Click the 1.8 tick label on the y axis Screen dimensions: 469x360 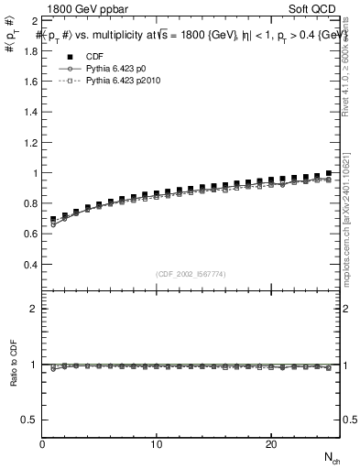[29, 50]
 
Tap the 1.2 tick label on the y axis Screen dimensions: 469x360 [29, 142]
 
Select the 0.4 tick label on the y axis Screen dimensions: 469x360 [29, 265]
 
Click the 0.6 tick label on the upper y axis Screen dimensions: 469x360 [29, 234]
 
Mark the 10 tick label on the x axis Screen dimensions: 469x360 [157, 444]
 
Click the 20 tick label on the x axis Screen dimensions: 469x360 [270, 444]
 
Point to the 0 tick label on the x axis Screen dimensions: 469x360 [42, 444]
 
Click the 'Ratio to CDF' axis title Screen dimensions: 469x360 [13, 365]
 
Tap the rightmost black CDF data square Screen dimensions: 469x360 [328, 173]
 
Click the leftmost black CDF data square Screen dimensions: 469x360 [54, 220]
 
